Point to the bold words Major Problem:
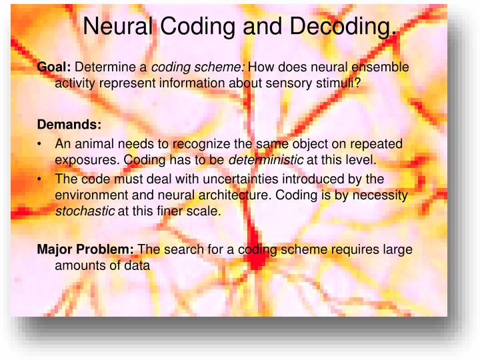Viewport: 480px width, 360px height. [85, 250]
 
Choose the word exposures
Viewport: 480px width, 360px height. [87, 161]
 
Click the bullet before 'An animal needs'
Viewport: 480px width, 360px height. [41, 143]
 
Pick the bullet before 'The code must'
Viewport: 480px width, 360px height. [41, 179]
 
